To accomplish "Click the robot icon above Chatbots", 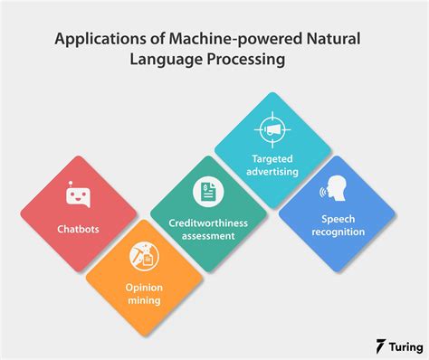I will coord(79,194).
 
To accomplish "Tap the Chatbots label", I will coord(78,229).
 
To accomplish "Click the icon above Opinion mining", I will coord(141,254).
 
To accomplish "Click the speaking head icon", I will coord(337,189).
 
